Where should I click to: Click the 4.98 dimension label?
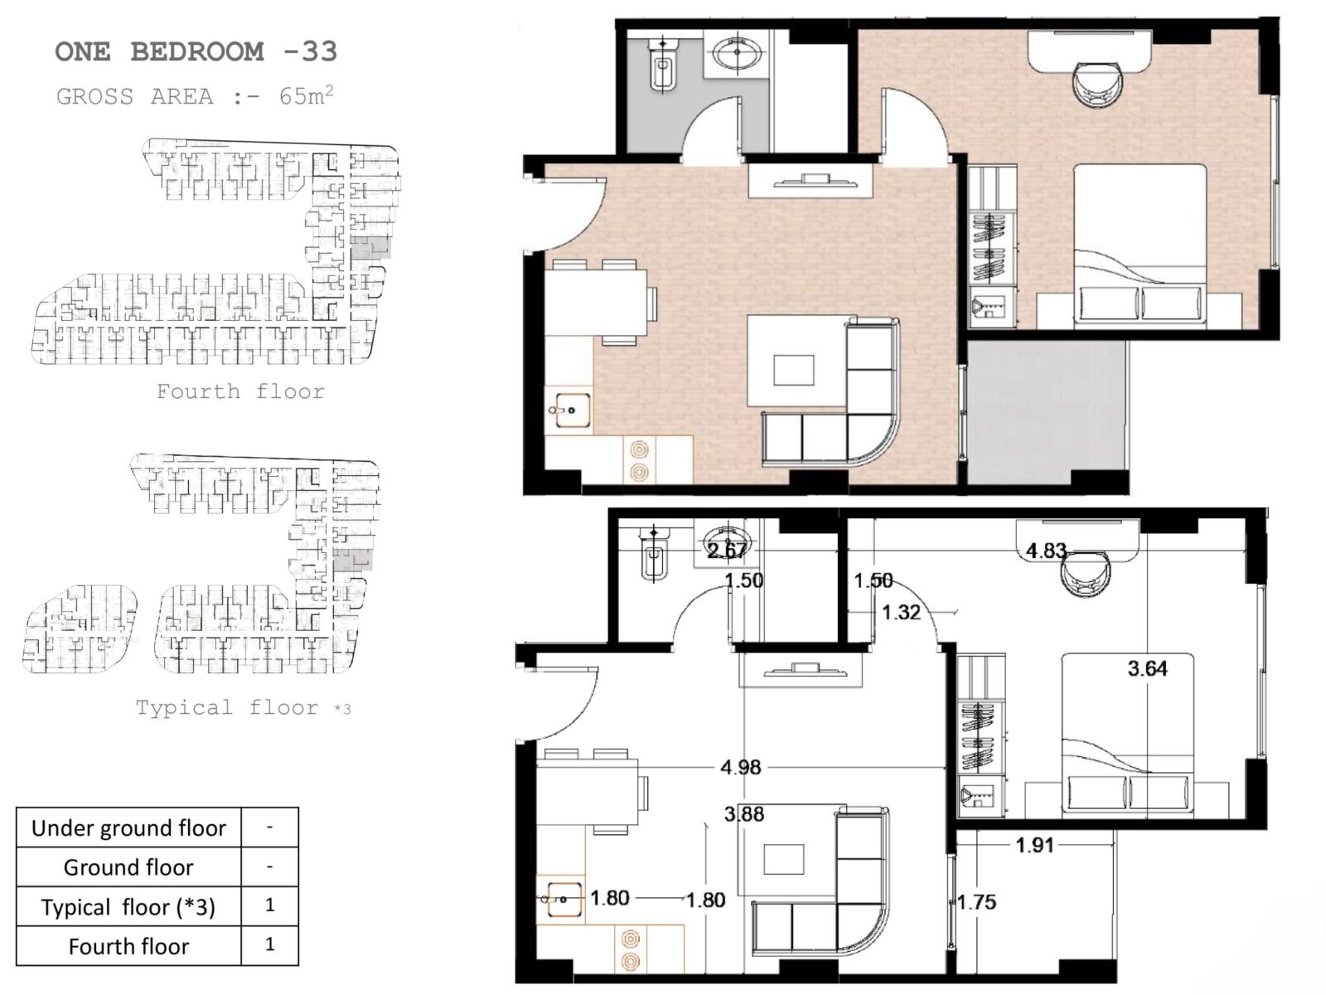pyautogui.click(x=741, y=767)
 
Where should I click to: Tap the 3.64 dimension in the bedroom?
pyautogui.click(x=1147, y=668)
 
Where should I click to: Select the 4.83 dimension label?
pyautogui.click(x=1047, y=551)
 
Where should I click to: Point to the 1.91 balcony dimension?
pyautogui.click(x=1035, y=845)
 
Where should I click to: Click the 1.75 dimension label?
pyautogui.click(x=977, y=902)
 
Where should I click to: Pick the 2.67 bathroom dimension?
pyautogui.click(x=728, y=550)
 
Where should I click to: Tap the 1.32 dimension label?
pyautogui.click(x=902, y=612)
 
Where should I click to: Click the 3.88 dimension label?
pyautogui.click(x=744, y=813)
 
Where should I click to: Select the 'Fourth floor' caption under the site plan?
pyautogui.click(x=240, y=391)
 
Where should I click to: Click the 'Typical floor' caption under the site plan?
pyautogui.click(x=226, y=707)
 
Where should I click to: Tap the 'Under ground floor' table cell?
pyautogui.click(x=128, y=828)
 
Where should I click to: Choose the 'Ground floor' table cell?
pyautogui.click(x=128, y=867)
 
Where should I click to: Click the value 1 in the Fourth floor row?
pyautogui.click(x=269, y=944)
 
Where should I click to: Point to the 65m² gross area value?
pyautogui.click(x=307, y=95)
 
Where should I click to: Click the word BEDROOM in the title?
pyautogui.click(x=197, y=51)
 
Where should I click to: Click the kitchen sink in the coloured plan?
pyautogui.click(x=569, y=410)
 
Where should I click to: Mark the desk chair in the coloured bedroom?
pyautogui.click(x=1099, y=85)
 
